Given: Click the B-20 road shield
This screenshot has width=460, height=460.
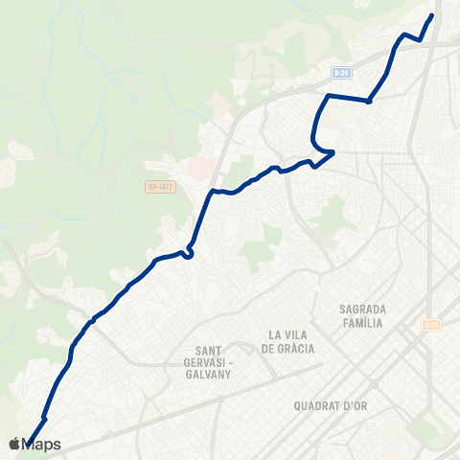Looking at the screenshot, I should (342, 72).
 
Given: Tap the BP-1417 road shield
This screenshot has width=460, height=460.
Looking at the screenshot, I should (159, 188).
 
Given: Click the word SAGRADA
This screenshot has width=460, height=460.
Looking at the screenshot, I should (362, 310).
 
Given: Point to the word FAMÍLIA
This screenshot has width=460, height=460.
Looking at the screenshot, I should (362, 323).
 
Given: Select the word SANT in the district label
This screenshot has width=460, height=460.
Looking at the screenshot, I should (209, 350).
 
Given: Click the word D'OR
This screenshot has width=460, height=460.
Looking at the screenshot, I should (356, 405).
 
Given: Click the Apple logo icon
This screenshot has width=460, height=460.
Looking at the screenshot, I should (14, 444).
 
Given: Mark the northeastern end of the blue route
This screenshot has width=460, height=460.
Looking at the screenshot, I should (432, 15).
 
